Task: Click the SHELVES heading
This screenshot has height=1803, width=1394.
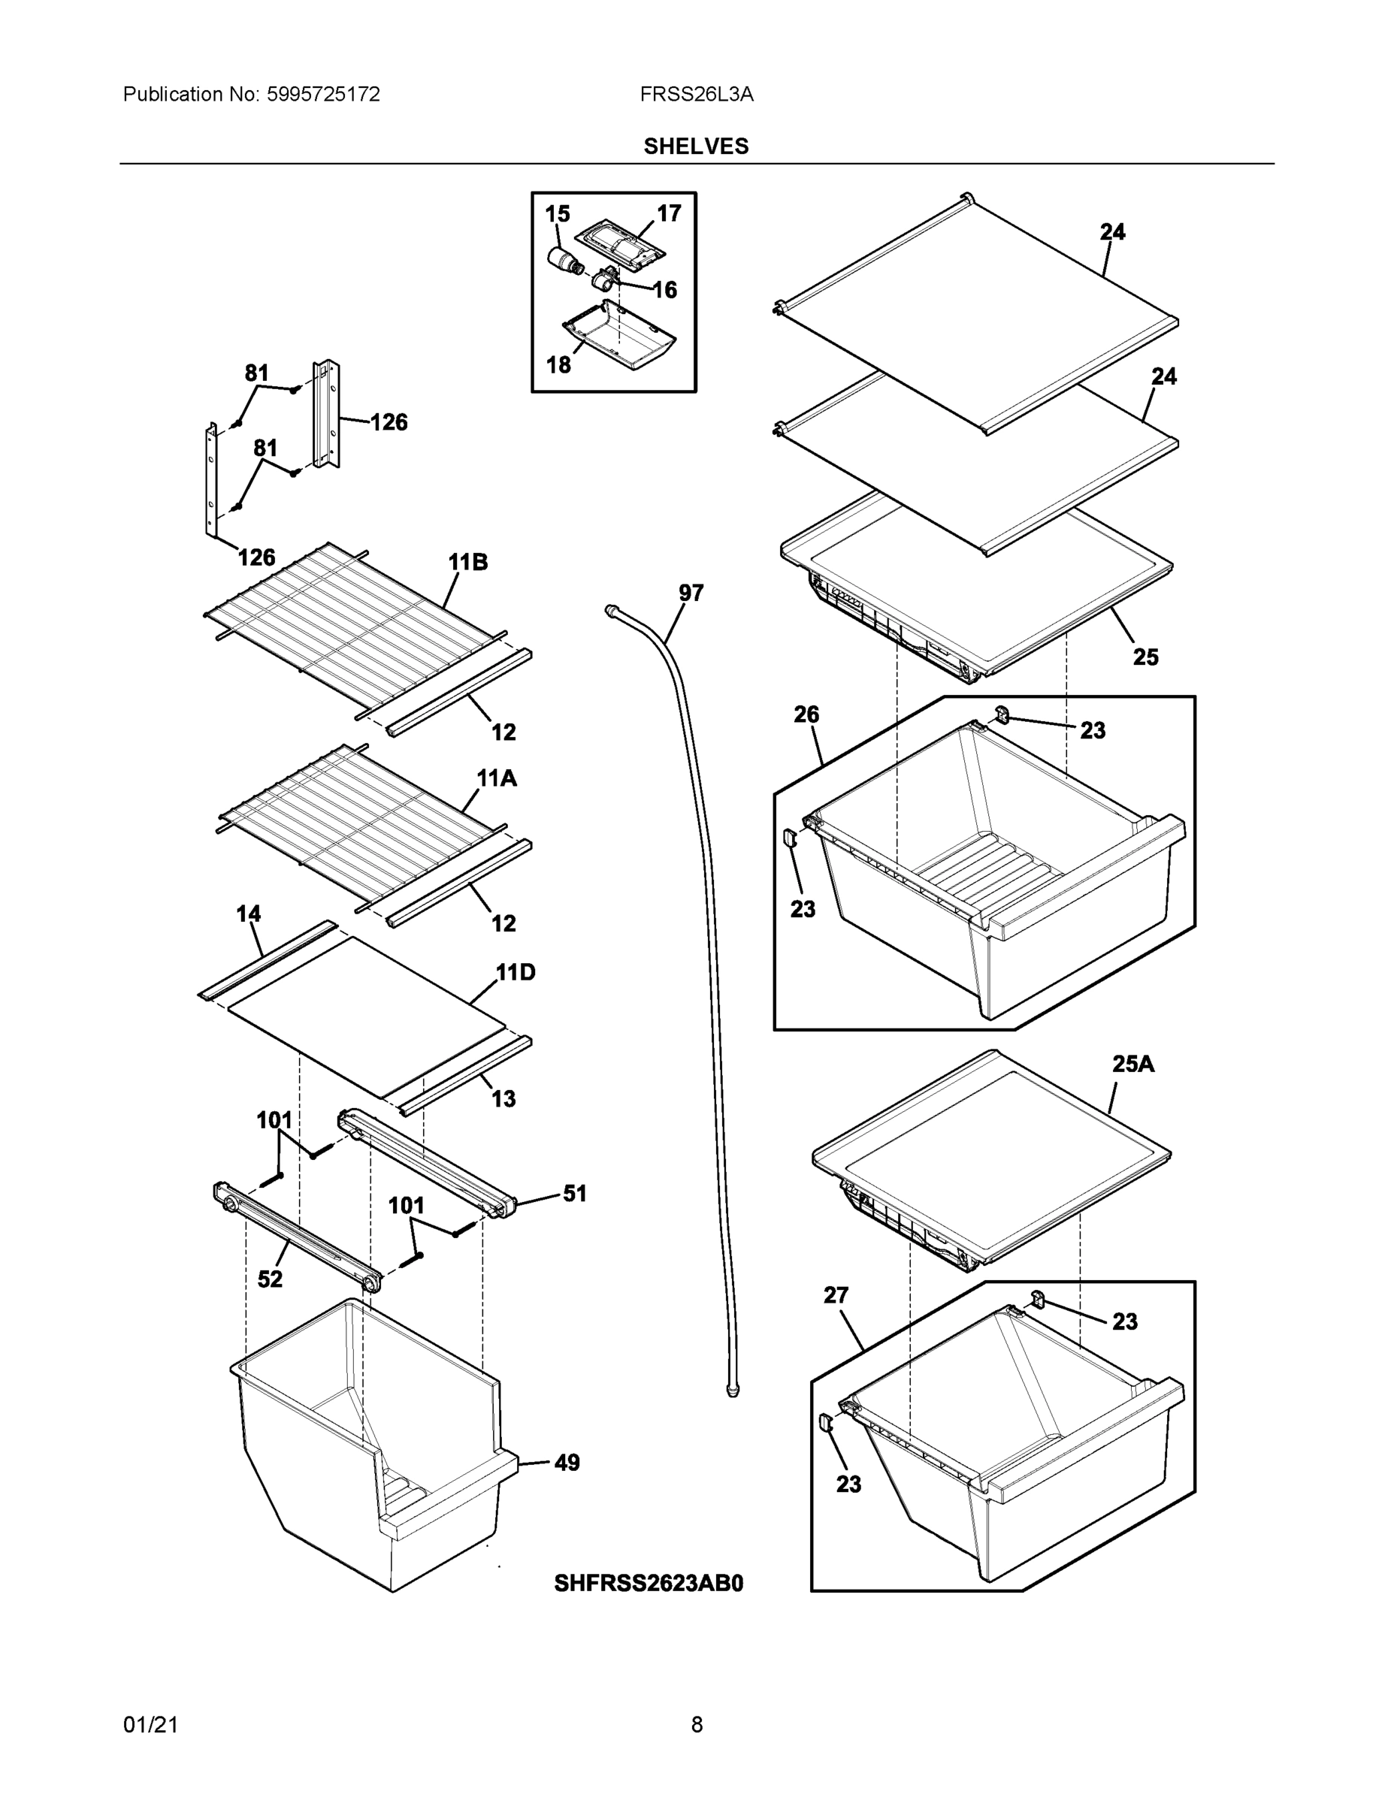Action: pos(695,146)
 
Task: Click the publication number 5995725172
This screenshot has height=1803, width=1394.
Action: pos(322,94)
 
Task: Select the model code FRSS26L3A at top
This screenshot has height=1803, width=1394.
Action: pos(696,94)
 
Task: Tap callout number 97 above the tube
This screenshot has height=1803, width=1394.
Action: pos(691,593)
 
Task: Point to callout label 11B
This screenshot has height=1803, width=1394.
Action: pos(467,562)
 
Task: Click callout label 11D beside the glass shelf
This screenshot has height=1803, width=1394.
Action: pos(516,973)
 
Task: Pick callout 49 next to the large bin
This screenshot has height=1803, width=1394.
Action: pos(567,1463)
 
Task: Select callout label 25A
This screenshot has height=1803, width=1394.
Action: pos(1133,1064)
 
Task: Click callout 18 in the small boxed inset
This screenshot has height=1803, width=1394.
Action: pos(558,364)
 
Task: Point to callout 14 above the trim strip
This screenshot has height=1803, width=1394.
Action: pos(249,914)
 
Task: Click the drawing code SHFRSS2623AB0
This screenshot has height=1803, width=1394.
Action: pos(649,1583)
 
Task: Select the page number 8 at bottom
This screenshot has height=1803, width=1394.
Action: pos(696,1725)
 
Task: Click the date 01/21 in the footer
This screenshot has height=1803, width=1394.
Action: pos(150,1725)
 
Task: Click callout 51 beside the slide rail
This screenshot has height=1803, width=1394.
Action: pos(575,1193)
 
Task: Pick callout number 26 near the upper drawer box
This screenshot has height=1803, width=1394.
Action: pos(806,714)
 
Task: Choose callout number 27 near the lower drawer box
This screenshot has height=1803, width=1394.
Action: pos(836,1295)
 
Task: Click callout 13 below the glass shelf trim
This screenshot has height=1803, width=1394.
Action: pos(503,1099)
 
